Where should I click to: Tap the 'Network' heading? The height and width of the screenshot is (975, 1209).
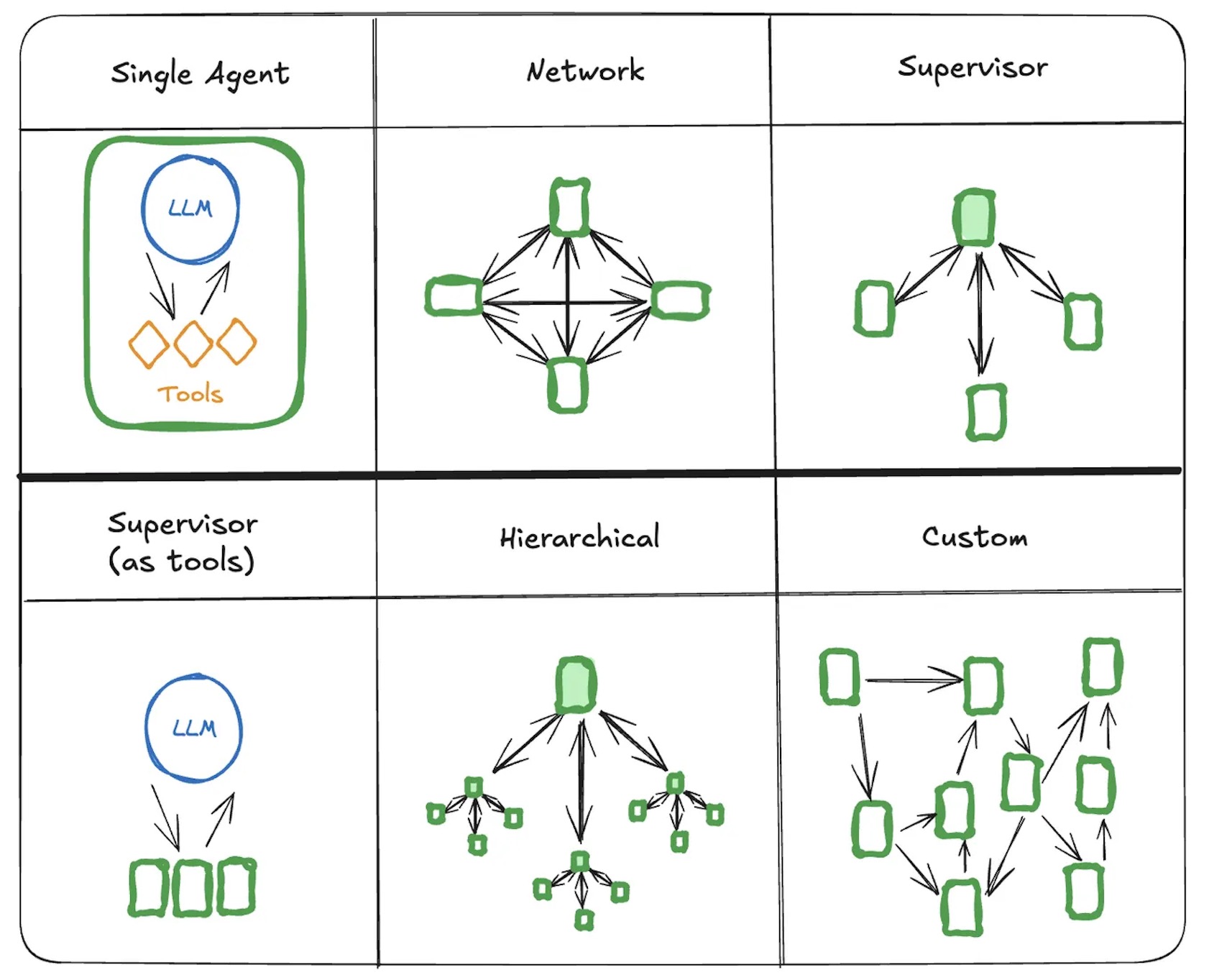coord(585,70)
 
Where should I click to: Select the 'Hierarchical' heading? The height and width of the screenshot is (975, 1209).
coord(579,537)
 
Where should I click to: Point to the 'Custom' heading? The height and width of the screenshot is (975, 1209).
coord(975,536)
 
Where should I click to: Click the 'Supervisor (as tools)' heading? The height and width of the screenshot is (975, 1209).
coord(183,543)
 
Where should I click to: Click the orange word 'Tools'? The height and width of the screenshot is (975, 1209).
coord(190,394)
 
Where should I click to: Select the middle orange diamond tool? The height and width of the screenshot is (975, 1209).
coord(193,344)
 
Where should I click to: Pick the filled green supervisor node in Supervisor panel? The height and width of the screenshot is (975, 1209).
coord(975,218)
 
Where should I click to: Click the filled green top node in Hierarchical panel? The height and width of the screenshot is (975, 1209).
coord(576,685)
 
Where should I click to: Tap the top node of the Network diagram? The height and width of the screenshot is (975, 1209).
coord(570,206)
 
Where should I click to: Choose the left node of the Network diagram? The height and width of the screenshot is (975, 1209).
coord(454,296)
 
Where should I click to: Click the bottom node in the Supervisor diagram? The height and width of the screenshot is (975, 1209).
coord(986,412)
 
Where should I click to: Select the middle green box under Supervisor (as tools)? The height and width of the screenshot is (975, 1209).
coord(193,888)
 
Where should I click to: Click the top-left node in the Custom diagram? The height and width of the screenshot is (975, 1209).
coord(840,677)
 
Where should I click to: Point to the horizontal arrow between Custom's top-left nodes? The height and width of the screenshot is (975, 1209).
coord(913,679)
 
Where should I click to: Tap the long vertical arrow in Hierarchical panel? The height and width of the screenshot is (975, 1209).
coord(581,781)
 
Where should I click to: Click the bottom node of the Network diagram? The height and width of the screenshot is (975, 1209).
coord(568,385)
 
